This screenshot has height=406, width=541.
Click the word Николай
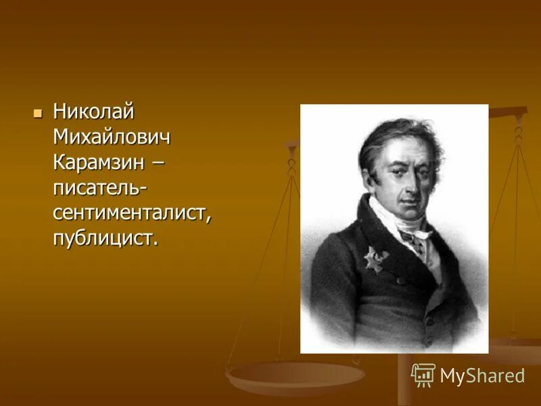click(94, 111)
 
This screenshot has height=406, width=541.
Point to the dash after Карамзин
click(158, 163)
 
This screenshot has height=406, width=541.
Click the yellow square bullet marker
click(38, 111)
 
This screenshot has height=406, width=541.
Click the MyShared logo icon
click(423, 375)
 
